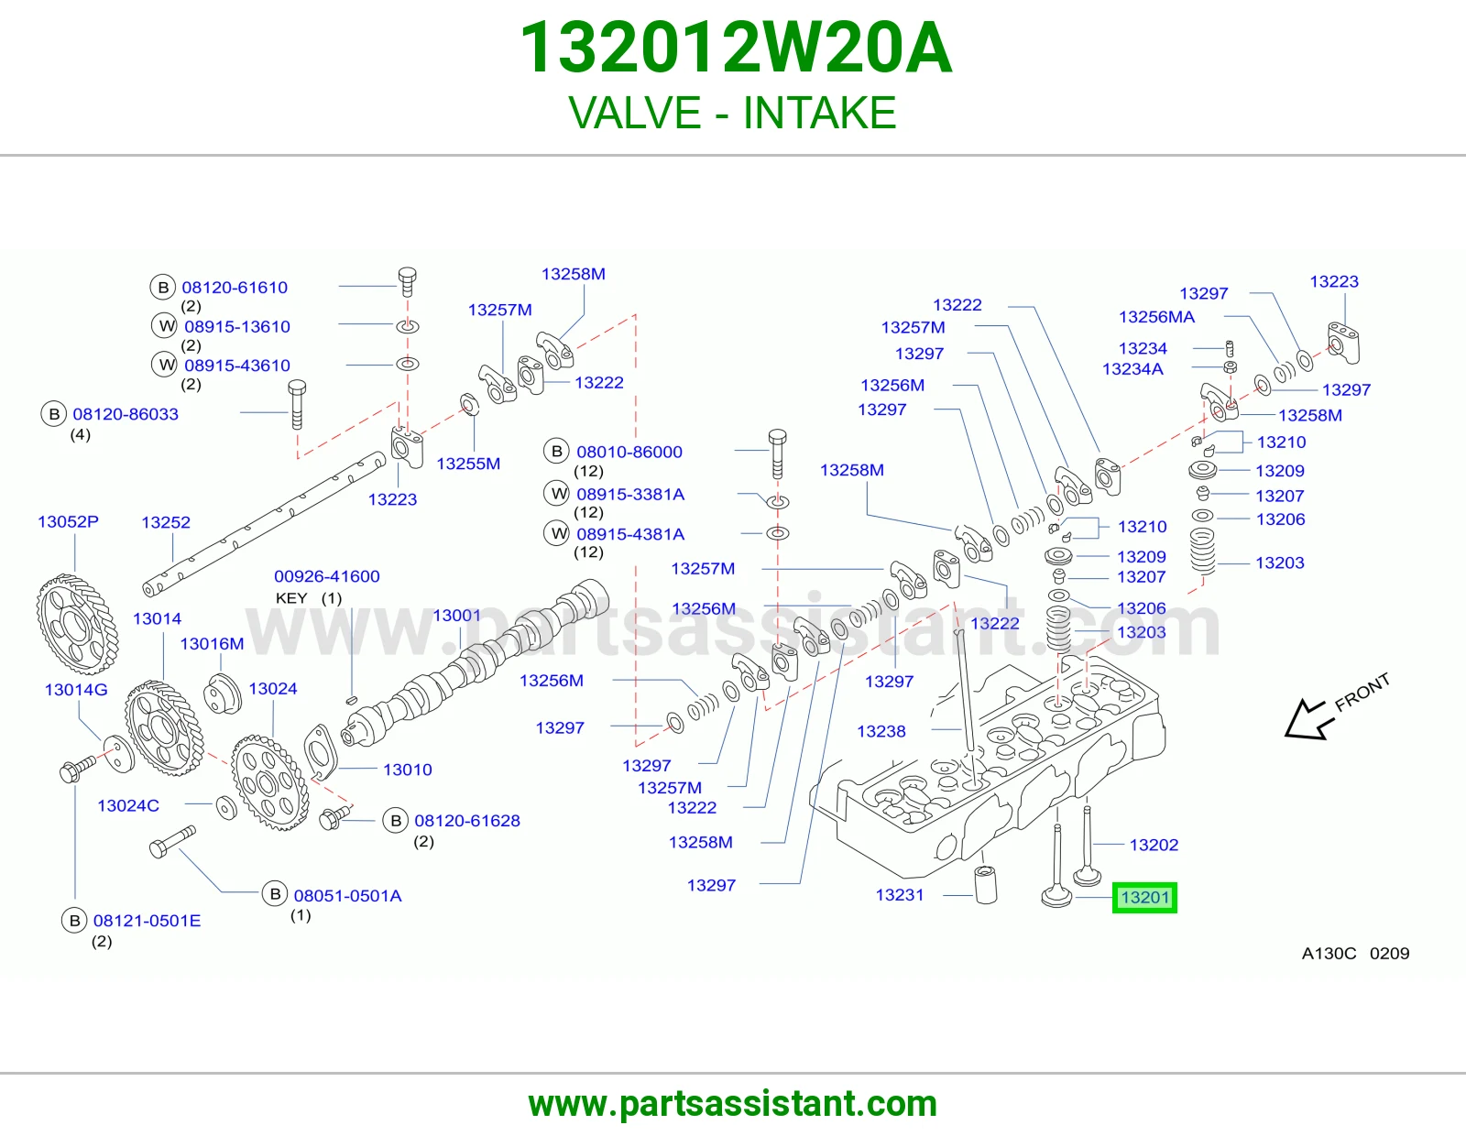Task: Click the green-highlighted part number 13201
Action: [x=1144, y=898]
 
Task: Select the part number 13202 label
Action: [x=1154, y=845]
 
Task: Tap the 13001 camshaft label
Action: [x=456, y=616]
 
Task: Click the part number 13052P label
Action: [x=68, y=521]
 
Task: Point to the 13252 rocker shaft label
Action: [x=166, y=522]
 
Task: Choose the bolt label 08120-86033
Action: [x=126, y=413]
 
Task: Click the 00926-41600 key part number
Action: [x=326, y=576]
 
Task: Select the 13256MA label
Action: [x=1156, y=316]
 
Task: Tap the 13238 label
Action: [x=881, y=731]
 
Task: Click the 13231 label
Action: [x=900, y=894]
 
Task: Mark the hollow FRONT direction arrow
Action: [x=1308, y=720]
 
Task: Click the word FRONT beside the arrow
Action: [x=1362, y=692]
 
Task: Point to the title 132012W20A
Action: [x=736, y=48]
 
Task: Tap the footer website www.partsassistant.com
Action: [x=733, y=1104]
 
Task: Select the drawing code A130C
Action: [x=1329, y=953]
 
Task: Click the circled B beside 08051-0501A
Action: [x=275, y=894]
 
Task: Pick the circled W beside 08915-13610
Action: [x=164, y=326]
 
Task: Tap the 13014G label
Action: [x=76, y=690]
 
